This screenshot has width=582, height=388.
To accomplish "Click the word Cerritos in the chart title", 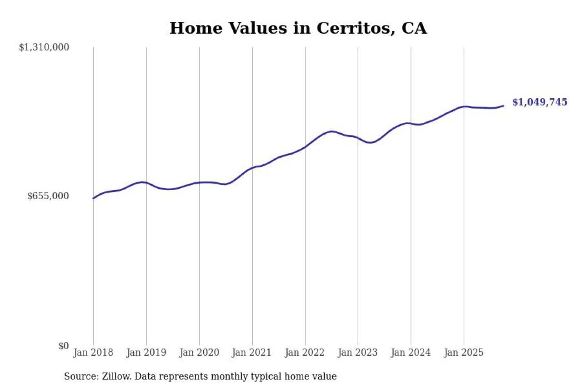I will point(350,28).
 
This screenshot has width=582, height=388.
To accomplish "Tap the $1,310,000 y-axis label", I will point(44,47).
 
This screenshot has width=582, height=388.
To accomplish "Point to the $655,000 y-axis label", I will point(48,196).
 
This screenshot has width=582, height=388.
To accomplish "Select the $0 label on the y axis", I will point(63,346).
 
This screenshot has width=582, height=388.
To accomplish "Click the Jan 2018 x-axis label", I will point(93,353).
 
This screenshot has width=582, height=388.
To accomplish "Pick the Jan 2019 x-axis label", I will point(146,353).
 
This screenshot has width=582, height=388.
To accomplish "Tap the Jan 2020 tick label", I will point(199,353).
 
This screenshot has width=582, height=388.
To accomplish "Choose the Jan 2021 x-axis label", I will point(252,353).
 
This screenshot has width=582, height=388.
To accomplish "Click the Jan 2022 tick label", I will point(305,353).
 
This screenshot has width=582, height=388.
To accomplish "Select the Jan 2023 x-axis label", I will point(358,353).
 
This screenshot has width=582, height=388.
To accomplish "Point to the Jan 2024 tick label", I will point(411,353).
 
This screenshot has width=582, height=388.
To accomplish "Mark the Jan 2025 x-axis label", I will point(464,353).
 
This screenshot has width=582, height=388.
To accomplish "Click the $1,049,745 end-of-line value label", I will point(540,102).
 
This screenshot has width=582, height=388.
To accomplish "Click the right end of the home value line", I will point(503,106).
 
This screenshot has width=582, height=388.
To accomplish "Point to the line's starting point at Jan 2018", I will point(93,198).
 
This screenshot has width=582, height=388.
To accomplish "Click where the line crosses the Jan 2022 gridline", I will point(305,147).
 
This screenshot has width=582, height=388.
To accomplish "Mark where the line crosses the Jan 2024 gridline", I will point(411,123).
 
